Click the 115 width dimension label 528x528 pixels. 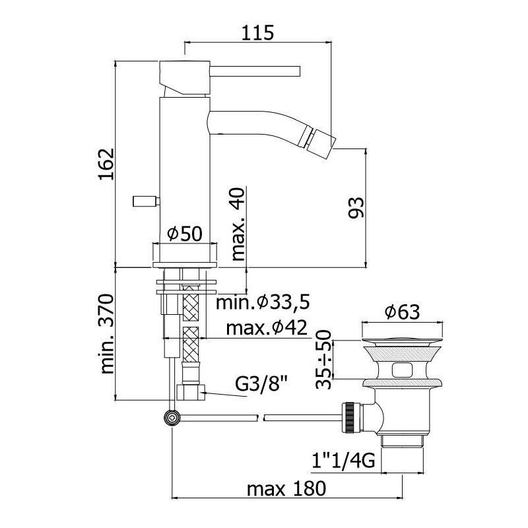pos(258,33)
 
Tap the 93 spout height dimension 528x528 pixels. pos(356,207)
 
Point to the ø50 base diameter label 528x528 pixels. pos(185,233)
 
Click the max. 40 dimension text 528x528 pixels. pos(238,224)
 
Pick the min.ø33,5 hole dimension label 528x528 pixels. pos(263,302)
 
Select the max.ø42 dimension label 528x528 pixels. pos(267,327)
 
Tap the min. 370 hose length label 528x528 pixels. pos(108,333)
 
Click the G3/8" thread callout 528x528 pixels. pos(261,383)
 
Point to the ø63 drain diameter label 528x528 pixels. pos(403,312)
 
